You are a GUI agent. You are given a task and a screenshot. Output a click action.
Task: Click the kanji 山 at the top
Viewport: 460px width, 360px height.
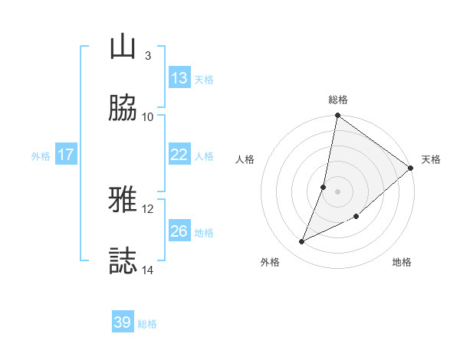point(123,47)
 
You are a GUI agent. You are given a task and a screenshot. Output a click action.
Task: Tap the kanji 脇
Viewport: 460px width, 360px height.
point(123,108)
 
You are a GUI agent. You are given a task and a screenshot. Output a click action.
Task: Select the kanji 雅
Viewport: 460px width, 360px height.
point(123,201)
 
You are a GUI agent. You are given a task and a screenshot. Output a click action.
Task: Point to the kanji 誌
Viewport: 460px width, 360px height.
point(123,261)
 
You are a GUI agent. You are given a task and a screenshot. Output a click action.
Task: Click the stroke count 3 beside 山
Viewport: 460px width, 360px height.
point(147,55)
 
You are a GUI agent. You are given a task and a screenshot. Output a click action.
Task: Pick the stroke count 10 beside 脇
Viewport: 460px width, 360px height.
point(148,116)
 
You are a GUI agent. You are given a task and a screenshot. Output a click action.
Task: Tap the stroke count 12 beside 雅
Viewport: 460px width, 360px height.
point(148,208)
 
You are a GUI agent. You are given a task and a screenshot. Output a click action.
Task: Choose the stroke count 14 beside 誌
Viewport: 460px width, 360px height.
point(148,270)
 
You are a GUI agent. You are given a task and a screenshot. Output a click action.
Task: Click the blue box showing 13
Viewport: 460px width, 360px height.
point(179,78)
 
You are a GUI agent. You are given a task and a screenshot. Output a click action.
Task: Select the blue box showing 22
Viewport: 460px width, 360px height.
point(179,155)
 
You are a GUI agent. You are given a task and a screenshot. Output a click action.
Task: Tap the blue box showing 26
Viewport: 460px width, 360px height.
point(179,231)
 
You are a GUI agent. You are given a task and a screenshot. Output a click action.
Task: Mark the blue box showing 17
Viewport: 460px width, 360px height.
point(66,155)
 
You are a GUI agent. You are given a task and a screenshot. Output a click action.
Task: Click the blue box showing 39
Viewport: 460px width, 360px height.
point(123,322)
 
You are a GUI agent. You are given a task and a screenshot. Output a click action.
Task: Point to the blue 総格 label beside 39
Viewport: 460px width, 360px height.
point(147,324)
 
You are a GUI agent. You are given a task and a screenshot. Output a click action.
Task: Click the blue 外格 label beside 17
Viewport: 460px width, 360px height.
point(41,156)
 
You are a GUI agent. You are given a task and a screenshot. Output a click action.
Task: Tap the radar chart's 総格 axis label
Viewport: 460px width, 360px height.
point(338,100)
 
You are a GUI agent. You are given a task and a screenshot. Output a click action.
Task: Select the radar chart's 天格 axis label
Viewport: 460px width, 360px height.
point(431,159)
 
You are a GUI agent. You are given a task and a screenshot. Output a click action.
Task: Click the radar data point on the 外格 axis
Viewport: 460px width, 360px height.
point(302,242)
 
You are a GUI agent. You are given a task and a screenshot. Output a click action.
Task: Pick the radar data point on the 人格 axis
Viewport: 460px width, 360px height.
point(324,187)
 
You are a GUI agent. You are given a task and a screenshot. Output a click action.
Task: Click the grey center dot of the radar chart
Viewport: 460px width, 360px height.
point(338,191)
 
